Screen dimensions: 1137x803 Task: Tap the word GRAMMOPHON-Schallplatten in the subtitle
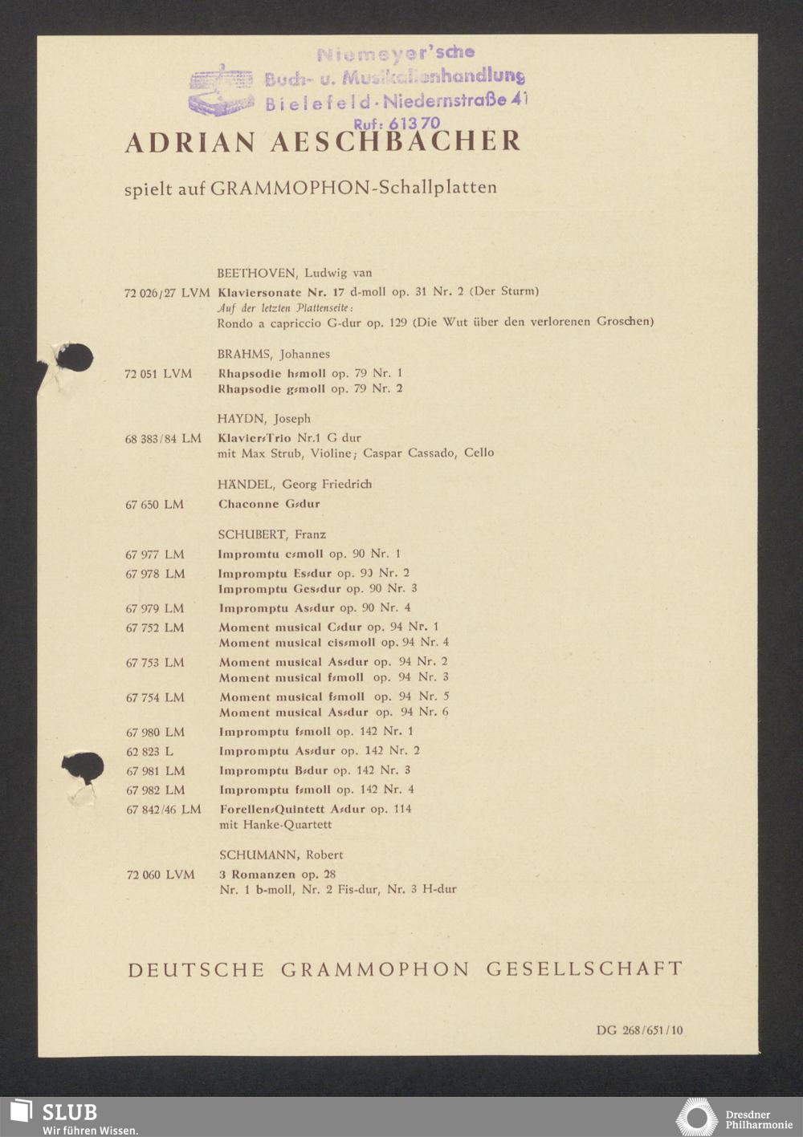353,188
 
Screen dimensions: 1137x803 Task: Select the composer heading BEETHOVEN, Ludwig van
294,273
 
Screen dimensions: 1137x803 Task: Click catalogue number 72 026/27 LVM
167,293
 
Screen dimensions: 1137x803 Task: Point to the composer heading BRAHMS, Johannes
273,354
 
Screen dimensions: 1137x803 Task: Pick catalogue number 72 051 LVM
158,374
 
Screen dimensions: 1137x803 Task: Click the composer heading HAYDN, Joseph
263,419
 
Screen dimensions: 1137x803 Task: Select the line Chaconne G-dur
269,505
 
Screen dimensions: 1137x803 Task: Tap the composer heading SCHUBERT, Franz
271,534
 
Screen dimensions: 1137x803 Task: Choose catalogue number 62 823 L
149,752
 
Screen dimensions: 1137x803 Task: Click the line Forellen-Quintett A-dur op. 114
315,809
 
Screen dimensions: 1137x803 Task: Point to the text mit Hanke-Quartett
275,824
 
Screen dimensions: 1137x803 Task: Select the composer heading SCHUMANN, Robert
281,855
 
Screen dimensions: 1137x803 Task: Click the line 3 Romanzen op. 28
277,874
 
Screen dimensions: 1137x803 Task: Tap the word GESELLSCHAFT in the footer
584,969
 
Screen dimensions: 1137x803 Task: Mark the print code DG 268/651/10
639,1030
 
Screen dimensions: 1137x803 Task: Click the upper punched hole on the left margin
75,358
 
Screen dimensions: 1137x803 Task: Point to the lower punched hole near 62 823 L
84,768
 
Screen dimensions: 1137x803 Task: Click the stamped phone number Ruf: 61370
397,124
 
